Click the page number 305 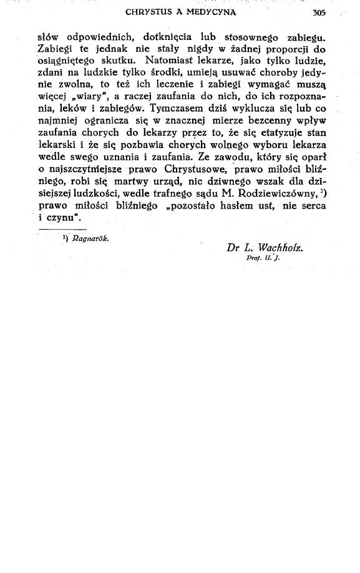pos(318,12)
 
